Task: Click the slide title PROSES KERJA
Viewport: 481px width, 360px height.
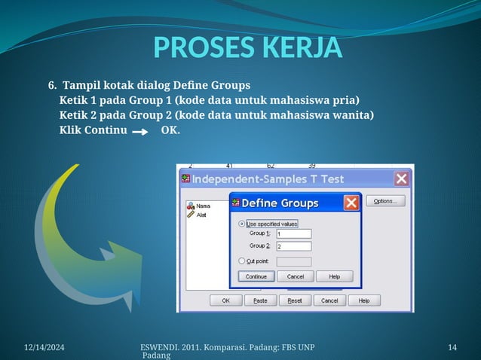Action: pyautogui.click(x=248, y=47)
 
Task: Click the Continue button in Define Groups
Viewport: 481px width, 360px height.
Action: pyautogui.click(x=256, y=276)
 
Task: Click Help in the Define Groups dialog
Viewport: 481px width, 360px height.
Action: pyautogui.click(x=334, y=276)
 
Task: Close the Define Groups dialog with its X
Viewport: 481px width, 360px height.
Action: pyautogui.click(x=351, y=203)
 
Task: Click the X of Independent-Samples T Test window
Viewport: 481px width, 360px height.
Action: pyautogui.click(x=402, y=178)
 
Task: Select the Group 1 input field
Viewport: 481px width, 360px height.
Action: pyautogui.click(x=293, y=233)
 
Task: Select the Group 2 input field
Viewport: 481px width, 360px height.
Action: pyautogui.click(x=293, y=246)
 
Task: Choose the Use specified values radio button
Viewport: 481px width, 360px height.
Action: pyautogui.click(x=242, y=224)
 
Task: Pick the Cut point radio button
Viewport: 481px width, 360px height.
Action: pyautogui.click(x=242, y=261)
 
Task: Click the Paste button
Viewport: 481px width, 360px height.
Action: pyautogui.click(x=260, y=301)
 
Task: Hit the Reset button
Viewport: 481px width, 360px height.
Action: pyautogui.click(x=295, y=301)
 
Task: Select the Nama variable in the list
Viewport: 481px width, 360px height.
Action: pyautogui.click(x=202, y=206)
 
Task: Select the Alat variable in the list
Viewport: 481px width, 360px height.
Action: pyautogui.click(x=201, y=215)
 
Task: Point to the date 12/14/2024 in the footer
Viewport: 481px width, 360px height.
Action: pyautogui.click(x=44, y=346)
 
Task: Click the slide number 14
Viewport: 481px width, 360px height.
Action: pyautogui.click(x=452, y=346)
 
